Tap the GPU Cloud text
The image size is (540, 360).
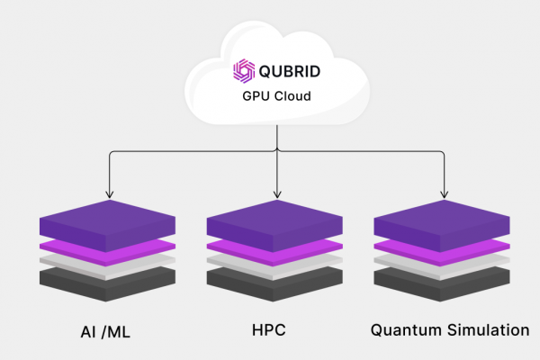[x=275, y=96]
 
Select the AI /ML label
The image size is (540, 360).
[x=104, y=330]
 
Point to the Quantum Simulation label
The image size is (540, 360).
[x=449, y=330]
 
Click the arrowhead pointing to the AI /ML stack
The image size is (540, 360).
[x=109, y=193]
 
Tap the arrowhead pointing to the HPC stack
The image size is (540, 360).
[x=276, y=193]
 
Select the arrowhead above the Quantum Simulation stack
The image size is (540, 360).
[x=443, y=193]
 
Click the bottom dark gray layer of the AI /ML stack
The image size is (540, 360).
[x=109, y=283]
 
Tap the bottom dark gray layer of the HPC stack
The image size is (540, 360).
[x=276, y=283]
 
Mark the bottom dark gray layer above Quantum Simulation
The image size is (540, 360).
[x=443, y=283]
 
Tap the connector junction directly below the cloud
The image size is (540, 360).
[x=276, y=149]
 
